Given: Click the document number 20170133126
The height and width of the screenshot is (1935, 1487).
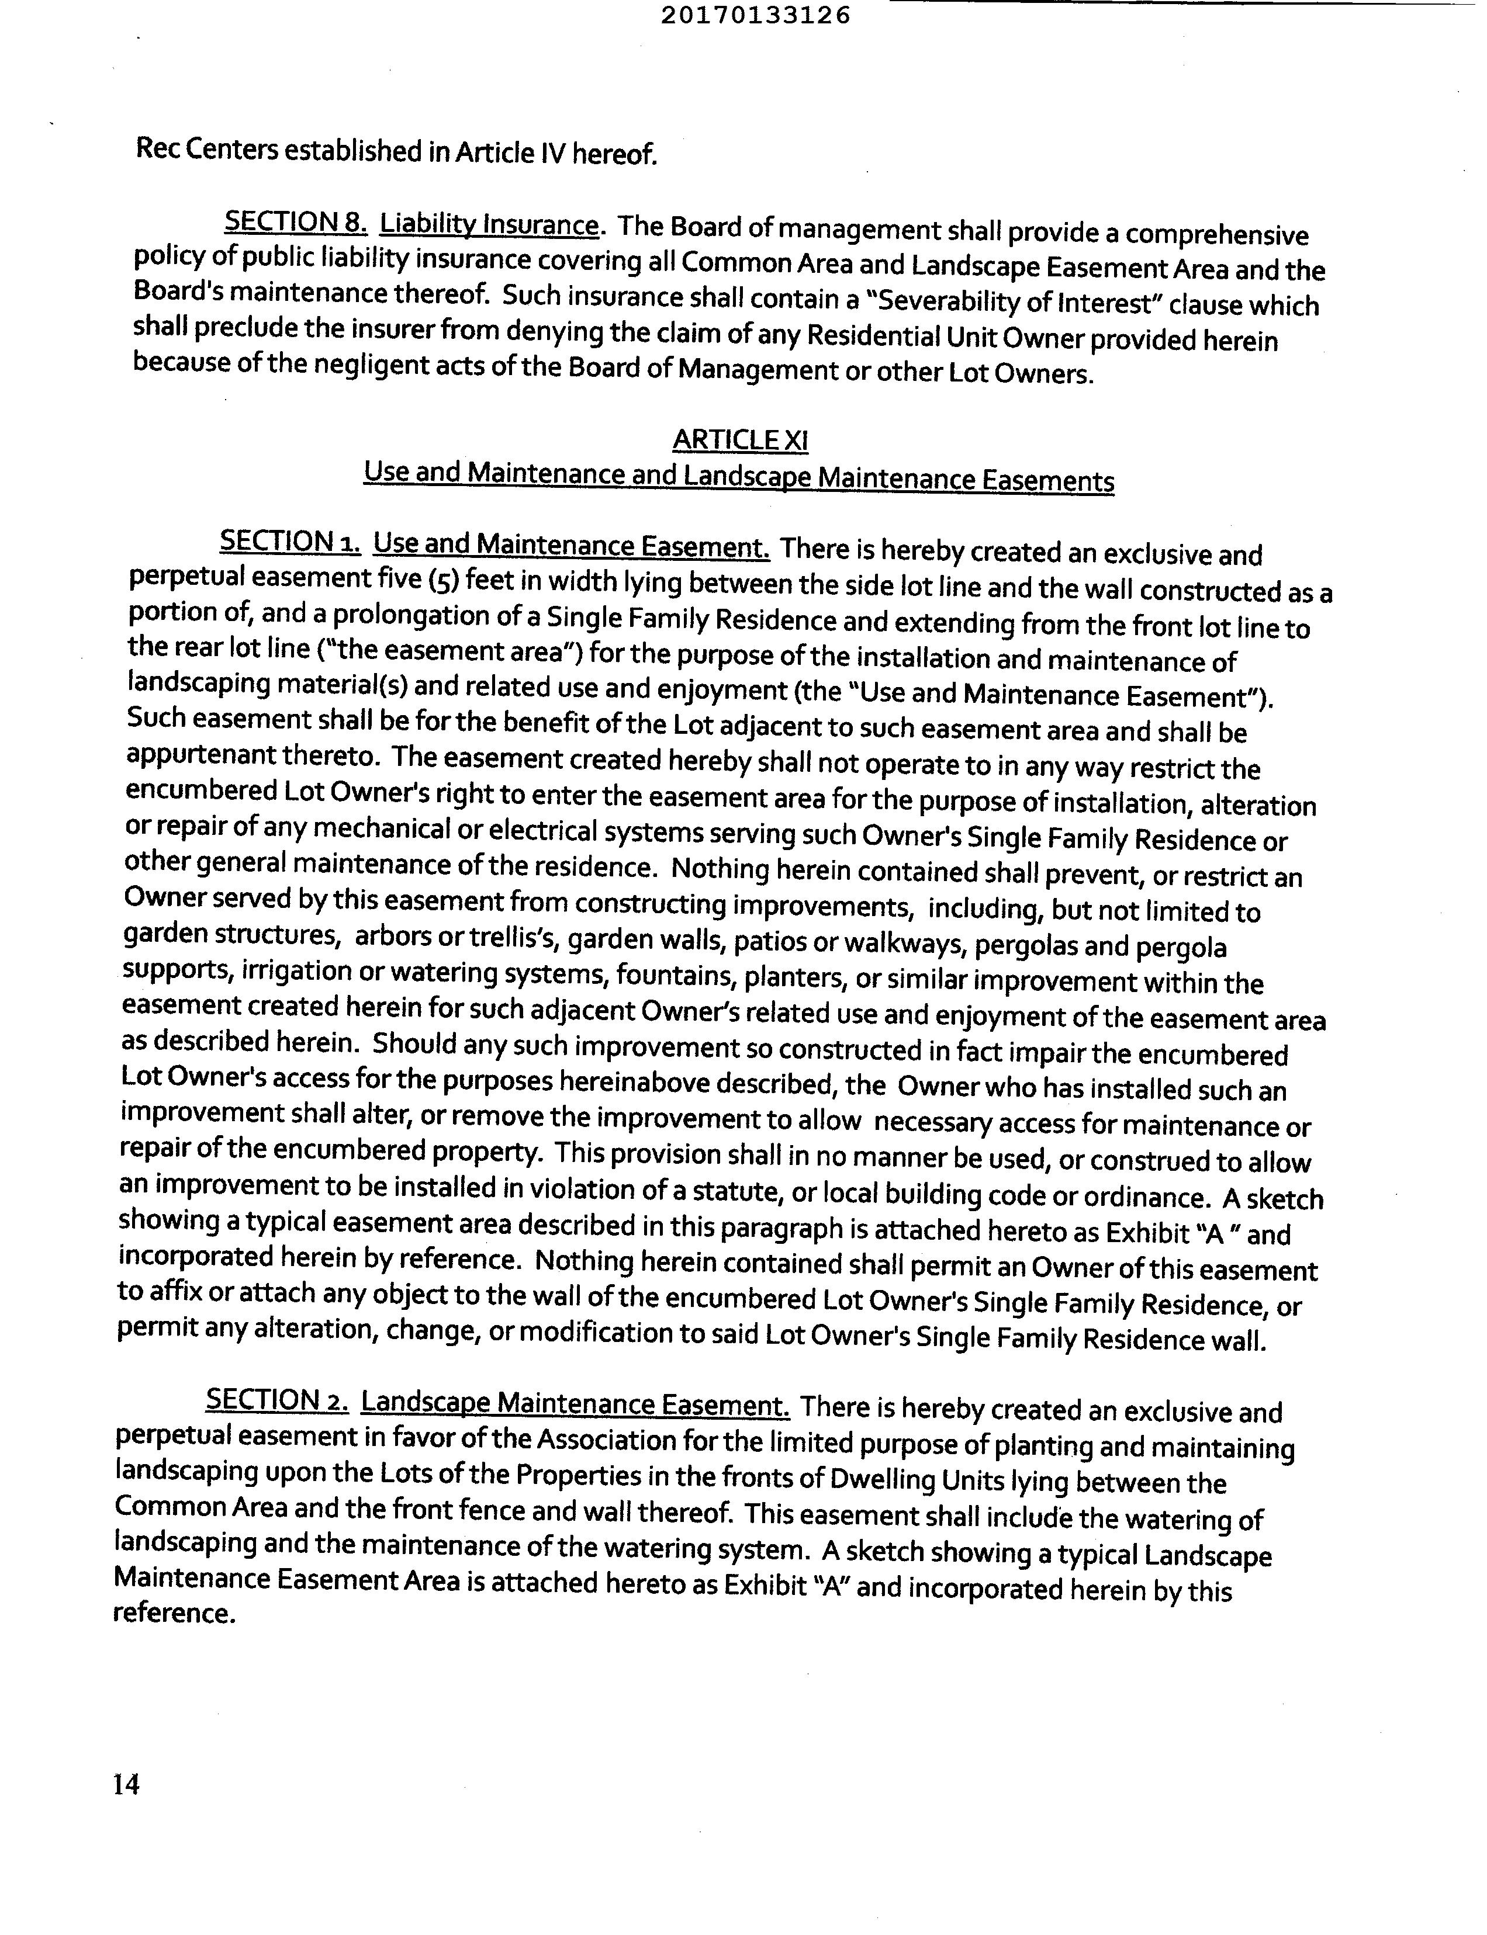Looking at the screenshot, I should (755, 16).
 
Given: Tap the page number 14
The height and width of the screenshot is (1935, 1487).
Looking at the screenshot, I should (127, 1784).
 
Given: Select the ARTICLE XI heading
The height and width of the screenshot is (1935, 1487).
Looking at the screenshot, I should (740, 440).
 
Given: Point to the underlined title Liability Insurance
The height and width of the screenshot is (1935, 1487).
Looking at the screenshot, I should (489, 225).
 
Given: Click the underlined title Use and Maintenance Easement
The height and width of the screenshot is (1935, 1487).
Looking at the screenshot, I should (571, 545).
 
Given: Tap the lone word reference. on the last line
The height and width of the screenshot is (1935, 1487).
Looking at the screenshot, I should (175, 1612).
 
